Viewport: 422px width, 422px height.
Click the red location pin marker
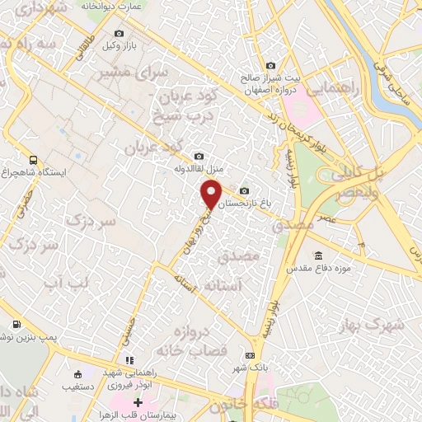click(x=211, y=195)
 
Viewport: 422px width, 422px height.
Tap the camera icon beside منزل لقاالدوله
click(x=199, y=156)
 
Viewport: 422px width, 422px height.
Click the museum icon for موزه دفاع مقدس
click(x=319, y=256)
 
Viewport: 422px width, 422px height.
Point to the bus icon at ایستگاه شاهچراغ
click(x=32, y=160)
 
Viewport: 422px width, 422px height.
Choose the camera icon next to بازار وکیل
click(x=119, y=34)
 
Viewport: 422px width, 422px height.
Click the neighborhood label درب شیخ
click(x=186, y=117)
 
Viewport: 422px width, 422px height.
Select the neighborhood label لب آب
click(x=63, y=284)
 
